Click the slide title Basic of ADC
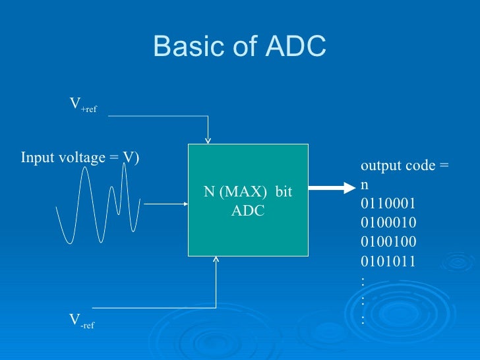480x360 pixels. [239, 46]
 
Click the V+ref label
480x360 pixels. [83, 105]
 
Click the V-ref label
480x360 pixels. [82, 321]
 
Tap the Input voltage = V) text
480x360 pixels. [80, 158]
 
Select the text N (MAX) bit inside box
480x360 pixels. [247, 192]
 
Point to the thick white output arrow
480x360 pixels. [332, 187]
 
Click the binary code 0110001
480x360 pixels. [388, 203]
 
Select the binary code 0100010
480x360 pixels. [388, 222]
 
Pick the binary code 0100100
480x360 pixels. [388, 241]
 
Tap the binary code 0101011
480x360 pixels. [388, 260]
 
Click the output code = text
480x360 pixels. [405, 165]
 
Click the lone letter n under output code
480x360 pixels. [365, 185]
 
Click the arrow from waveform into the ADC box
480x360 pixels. [165, 204]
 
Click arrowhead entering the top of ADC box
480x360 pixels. [208, 139]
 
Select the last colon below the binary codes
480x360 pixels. [363, 319]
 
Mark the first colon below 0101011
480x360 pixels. [363, 280]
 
